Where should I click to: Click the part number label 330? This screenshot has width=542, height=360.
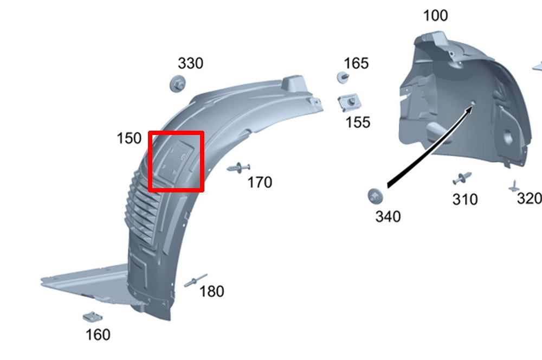191,63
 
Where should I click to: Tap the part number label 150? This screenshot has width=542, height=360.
129,139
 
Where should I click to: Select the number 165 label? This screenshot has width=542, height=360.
356,63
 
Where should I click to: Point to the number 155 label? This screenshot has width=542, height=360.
358,123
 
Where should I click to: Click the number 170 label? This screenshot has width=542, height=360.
260,183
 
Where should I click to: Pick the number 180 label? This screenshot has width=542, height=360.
211,292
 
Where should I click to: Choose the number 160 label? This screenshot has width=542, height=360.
98,335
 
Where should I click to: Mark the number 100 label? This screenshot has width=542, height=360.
435,16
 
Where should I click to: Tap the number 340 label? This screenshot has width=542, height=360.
388,217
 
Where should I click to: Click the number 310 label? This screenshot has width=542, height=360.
465,200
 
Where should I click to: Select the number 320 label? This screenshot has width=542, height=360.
528,199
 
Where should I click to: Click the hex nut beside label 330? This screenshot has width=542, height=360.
177,84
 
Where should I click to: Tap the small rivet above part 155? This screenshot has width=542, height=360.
343,76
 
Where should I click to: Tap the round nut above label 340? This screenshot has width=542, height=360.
375,195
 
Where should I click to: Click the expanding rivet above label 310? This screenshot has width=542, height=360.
462,178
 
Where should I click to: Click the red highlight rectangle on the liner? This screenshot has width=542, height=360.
176,161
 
